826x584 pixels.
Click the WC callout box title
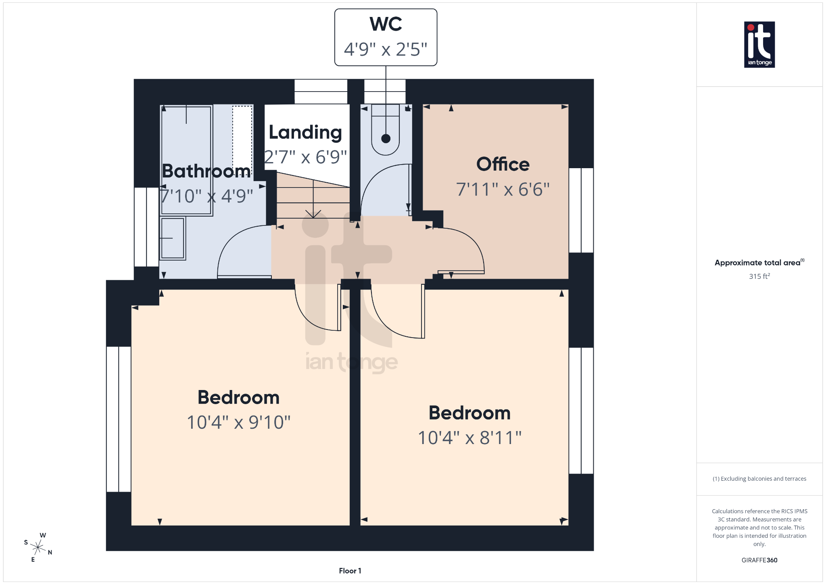[x=386, y=24]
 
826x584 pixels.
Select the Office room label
[x=503, y=164]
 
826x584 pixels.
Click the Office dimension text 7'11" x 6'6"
[x=503, y=189]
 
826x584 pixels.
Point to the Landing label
[x=305, y=132]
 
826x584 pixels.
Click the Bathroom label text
[x=206, y=171]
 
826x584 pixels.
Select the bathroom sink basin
[x=173, y=238]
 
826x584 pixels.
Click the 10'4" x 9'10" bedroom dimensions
[x=238, y=422]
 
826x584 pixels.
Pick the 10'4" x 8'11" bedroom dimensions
[x=469, y=438]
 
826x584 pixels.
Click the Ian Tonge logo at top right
[x=759, y=44]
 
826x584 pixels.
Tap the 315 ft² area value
[x=759, y=276]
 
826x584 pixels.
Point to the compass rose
[x=38, y=547]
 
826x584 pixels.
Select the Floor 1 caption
[x=350, y=571]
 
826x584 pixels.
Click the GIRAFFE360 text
[x=759, y=560]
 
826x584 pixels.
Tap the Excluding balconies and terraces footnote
[x=759, y=479]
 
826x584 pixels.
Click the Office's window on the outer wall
[x=581, y=210]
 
